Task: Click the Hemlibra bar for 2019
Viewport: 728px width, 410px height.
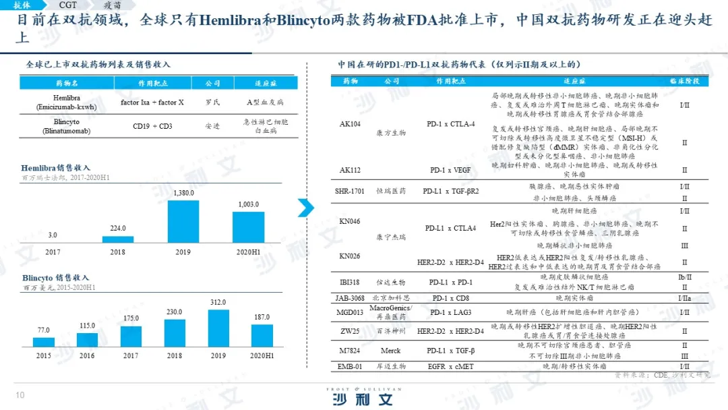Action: coord(183,221)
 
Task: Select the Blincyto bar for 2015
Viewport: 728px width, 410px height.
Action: coord(44,342)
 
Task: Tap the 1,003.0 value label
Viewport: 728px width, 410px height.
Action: coord(249,204)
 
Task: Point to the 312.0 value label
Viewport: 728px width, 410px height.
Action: coord(218,302)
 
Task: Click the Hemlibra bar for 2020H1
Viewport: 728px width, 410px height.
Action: coord(249,227)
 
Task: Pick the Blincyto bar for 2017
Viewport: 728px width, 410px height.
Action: coord(131,336)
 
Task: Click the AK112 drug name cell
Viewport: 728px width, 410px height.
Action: coord(350,170)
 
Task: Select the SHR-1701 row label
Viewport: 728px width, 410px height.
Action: coord(350,191)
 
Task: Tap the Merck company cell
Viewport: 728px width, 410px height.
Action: coord(390,351)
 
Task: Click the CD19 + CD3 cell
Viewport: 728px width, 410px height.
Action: coord(152,126)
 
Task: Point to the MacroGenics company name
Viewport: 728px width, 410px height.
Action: coord(390,308)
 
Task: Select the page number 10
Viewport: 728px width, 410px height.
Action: coord(20,395)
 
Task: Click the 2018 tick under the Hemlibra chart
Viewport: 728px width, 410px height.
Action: coord(118,252)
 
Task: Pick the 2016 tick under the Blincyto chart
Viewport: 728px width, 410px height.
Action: coord(87,355)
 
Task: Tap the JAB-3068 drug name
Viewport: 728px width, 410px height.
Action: coord(350,297)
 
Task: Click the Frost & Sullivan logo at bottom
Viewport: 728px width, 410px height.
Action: coord(363,397)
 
